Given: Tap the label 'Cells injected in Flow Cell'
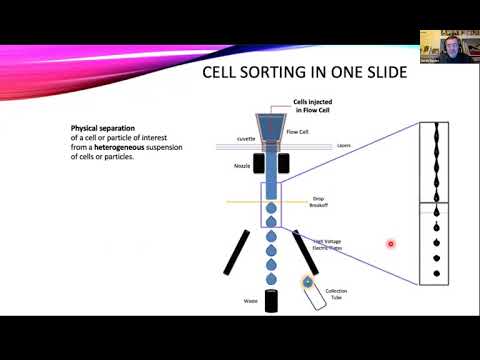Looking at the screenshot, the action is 314,105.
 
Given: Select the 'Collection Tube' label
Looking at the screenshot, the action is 336,294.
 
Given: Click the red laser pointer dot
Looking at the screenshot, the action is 391,243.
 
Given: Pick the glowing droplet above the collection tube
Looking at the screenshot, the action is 308,283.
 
